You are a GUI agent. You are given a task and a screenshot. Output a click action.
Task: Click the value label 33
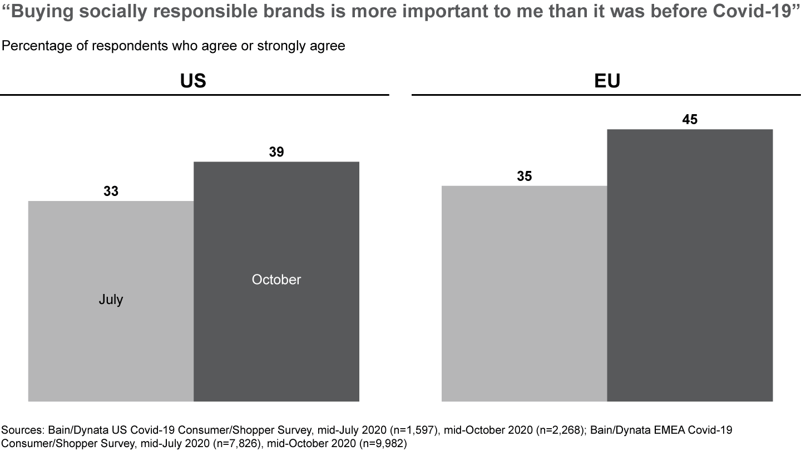(x=111, y=192)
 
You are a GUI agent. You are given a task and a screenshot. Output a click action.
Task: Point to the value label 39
(x=276, y=152)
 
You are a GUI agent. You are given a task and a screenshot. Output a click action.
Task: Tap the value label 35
(x=524, y=177)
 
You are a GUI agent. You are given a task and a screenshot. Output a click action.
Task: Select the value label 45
(x=690, y=120)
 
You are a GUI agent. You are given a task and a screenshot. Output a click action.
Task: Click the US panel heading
(x=194, y=81)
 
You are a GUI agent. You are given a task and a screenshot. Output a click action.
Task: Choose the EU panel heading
(x=606, y=81)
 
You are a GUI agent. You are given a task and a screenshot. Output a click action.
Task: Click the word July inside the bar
(x=111, y=300)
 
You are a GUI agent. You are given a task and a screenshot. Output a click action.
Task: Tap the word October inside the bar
(x=276, y=280)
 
